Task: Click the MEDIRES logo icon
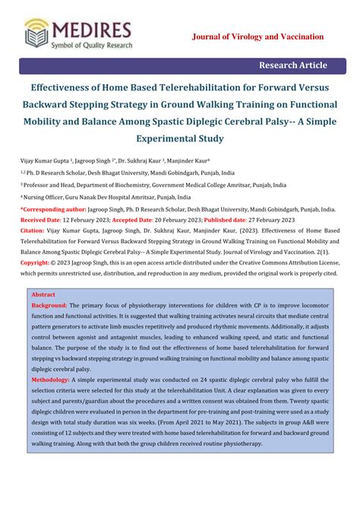(37, 32)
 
